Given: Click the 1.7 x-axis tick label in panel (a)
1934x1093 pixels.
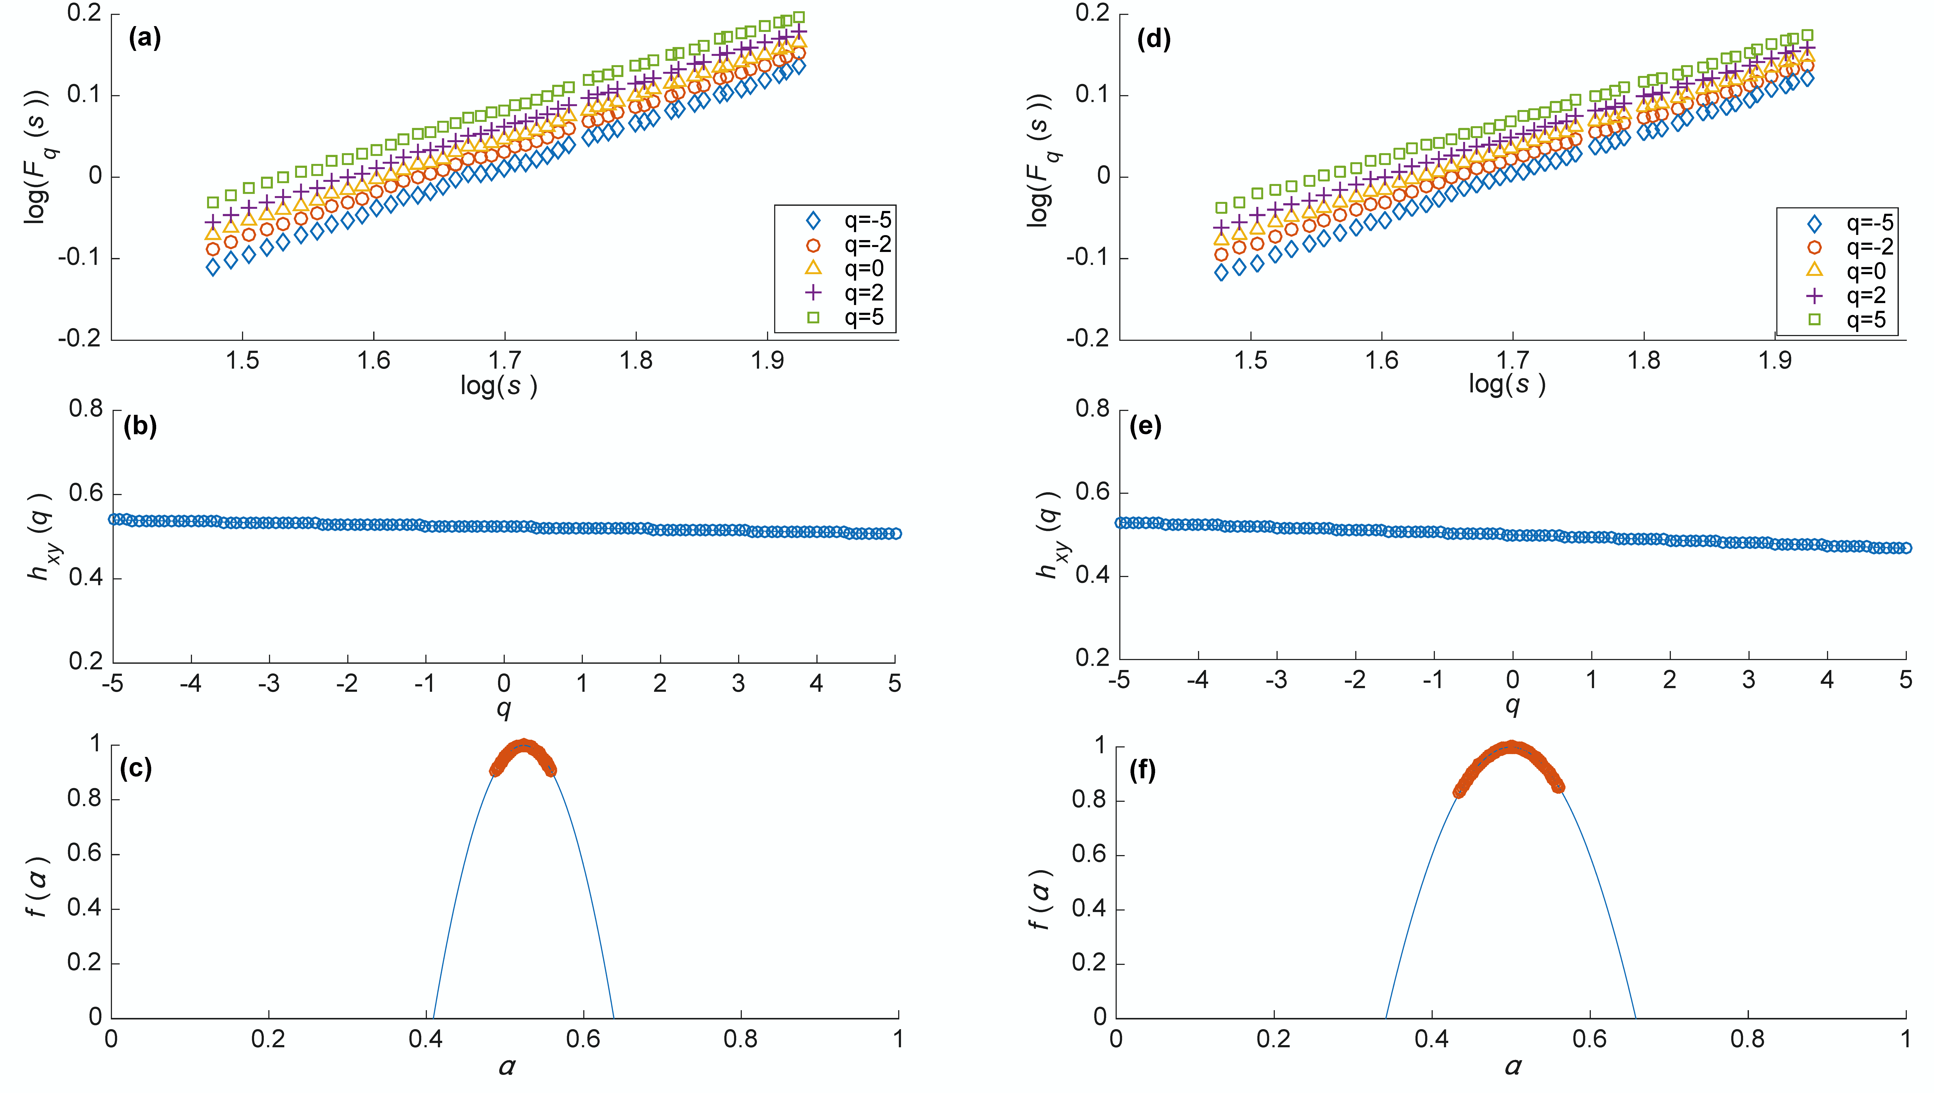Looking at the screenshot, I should tap(505, 361).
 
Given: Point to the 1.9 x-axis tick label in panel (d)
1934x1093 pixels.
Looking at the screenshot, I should tap(1775, 361).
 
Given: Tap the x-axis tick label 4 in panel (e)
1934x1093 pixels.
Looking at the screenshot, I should tap(1827, 680).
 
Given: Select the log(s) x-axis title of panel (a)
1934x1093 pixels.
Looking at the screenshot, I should tap(499, 386).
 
